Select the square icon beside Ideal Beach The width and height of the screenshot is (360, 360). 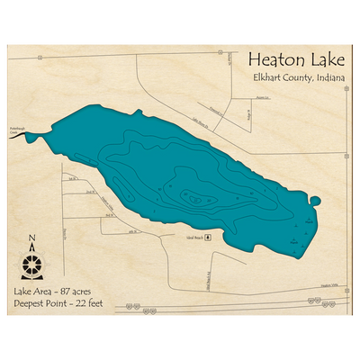click(208, 237)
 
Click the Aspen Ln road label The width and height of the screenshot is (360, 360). click(262, 97)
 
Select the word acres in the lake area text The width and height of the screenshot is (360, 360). click(83, 292)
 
